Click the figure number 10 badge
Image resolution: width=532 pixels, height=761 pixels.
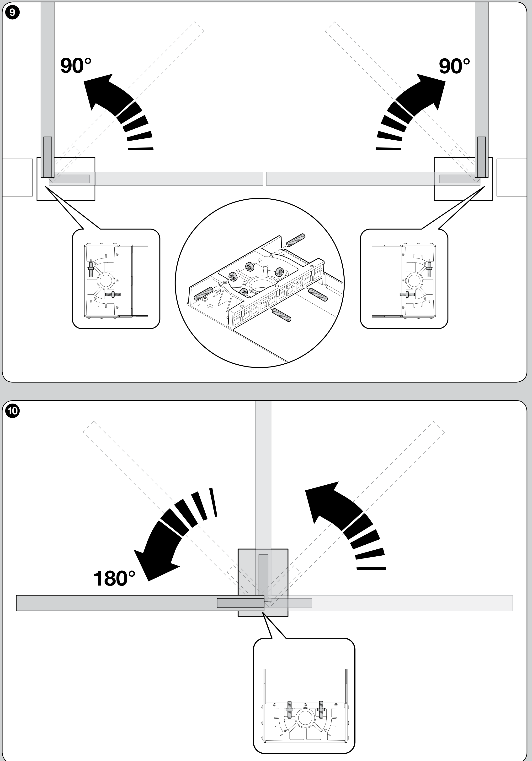(x=13, y=411)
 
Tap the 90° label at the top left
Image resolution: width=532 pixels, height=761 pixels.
(x=75, y=65)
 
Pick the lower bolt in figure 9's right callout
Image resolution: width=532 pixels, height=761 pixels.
(x=407, y=294)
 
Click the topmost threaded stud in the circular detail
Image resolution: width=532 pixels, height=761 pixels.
(x=296, y=240)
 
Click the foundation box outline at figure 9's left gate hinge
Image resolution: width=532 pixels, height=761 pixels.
(x=66, y=179)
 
